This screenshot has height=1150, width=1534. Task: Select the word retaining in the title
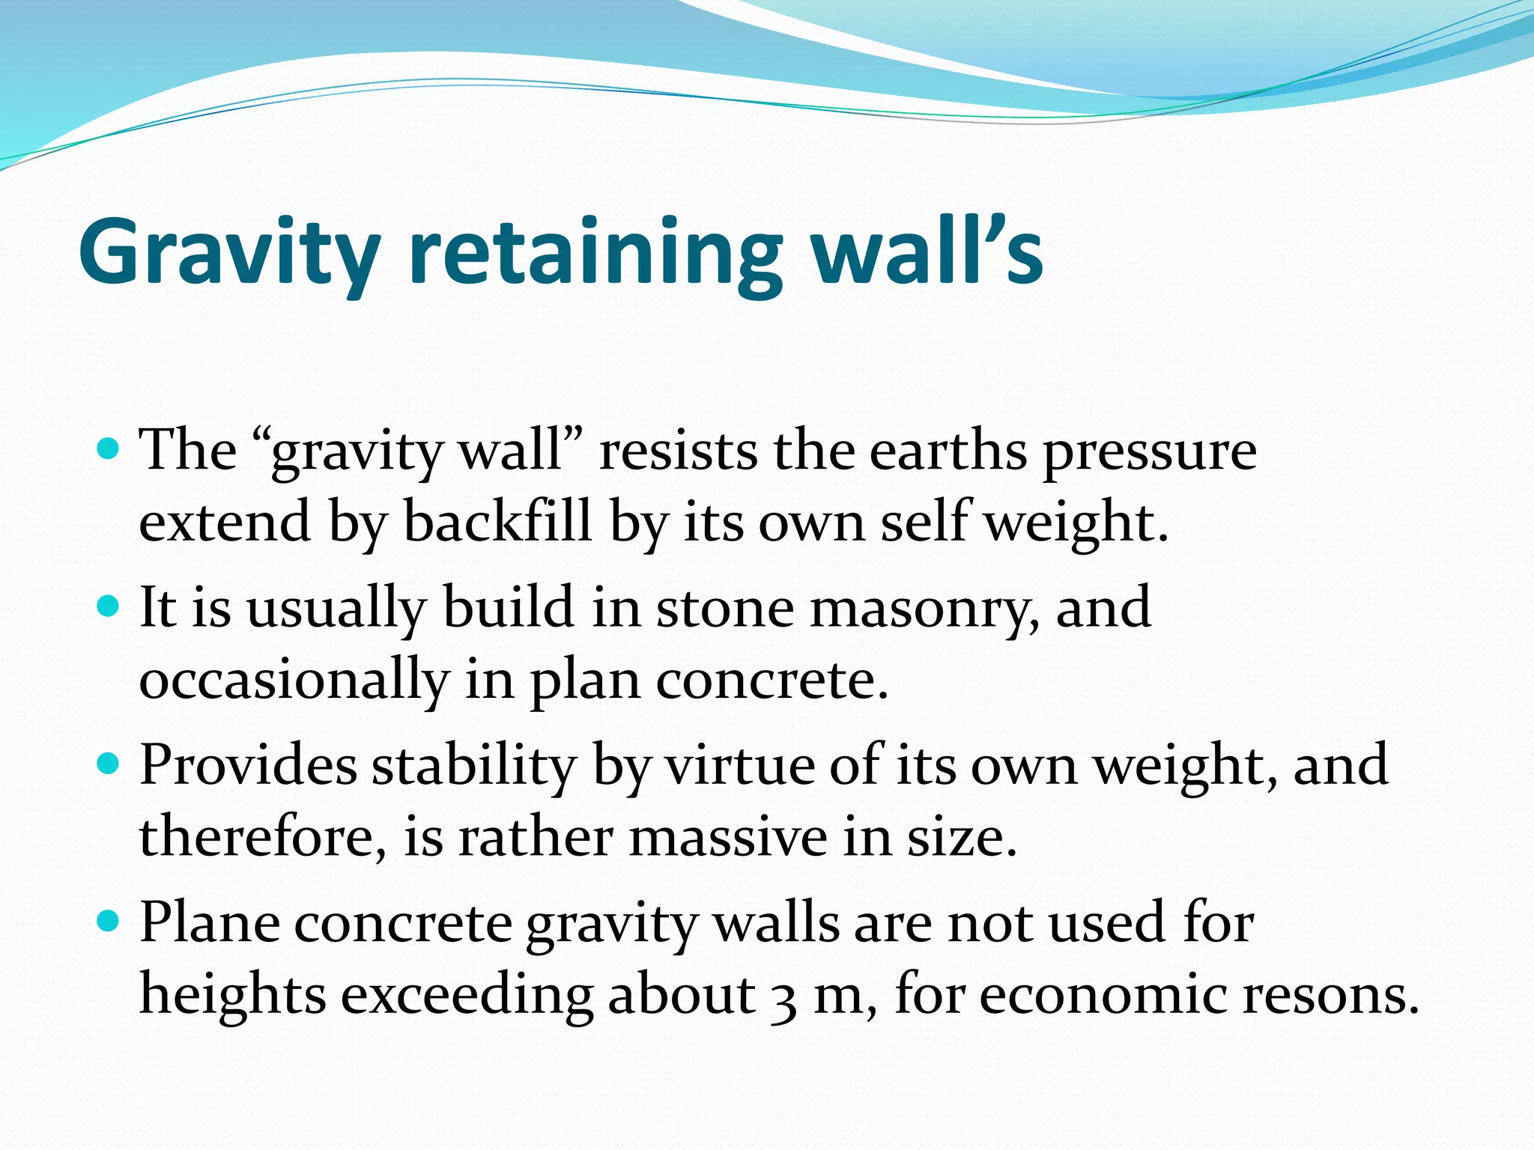595,253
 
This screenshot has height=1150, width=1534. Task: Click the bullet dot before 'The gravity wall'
109,449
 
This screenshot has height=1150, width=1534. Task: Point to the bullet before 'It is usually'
109,606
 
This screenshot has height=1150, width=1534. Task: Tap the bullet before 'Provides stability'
109,764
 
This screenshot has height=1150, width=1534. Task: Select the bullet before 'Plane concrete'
109,921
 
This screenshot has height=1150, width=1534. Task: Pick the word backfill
498,522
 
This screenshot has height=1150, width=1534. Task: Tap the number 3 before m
782,999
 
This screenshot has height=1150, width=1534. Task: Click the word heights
233,996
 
